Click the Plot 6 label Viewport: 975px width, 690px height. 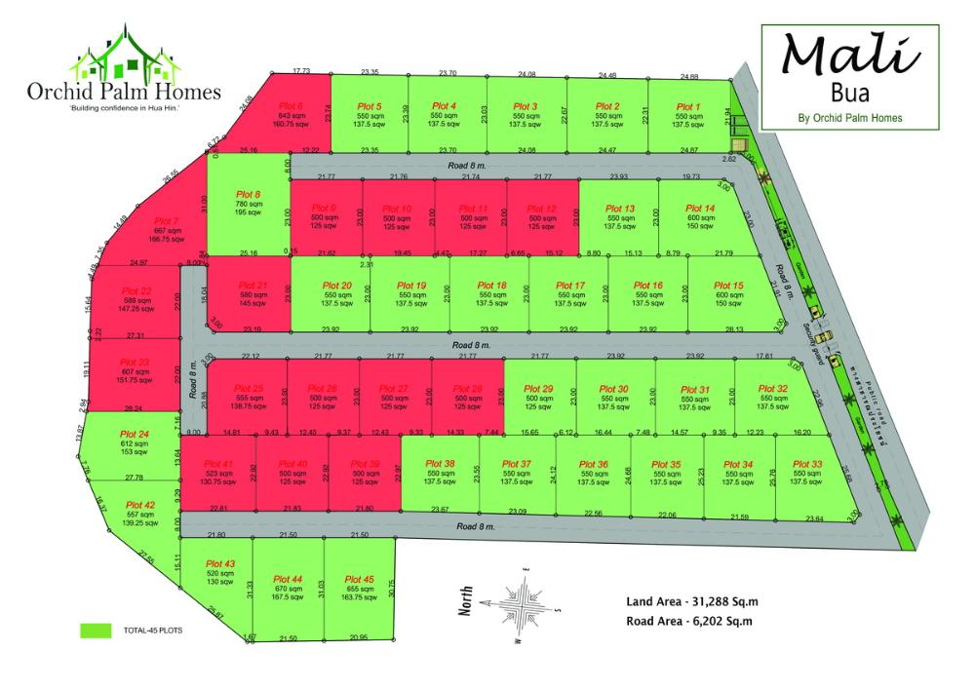click(291, 105)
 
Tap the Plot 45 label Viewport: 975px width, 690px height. click(360, 579)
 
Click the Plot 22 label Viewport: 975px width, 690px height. click(138, 290)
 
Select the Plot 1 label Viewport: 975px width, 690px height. click(687, 106)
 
